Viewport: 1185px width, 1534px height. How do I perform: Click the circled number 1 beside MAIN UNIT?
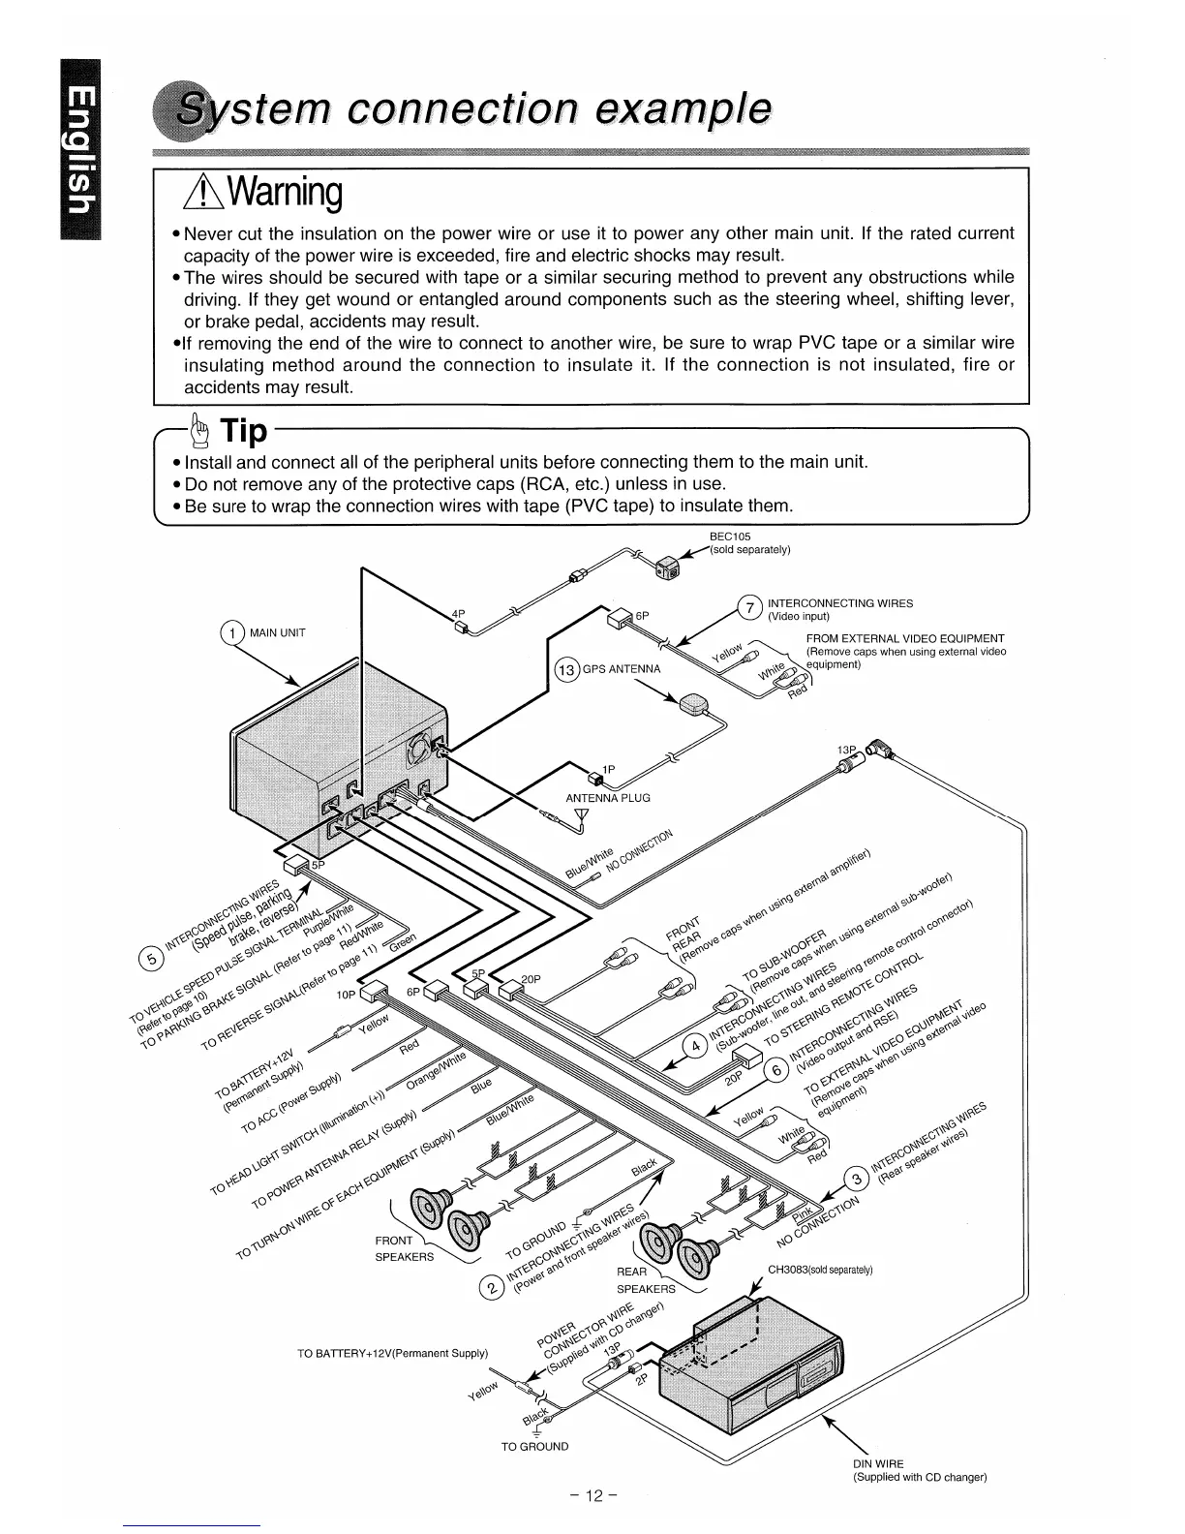(232, 633)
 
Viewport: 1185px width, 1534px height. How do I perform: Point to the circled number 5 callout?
(151, 960)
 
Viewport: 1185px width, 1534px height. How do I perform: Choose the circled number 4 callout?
(694, 1048)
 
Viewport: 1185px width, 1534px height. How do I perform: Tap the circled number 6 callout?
(775, 1070)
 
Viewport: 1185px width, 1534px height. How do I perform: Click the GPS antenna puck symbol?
(695, 705)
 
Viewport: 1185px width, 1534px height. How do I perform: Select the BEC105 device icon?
(668, 568)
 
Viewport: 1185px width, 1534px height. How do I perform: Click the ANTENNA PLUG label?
(607, 798)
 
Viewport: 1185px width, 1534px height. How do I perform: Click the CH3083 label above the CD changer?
(820, 1270)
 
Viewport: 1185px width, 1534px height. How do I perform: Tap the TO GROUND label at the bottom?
(534, 1446)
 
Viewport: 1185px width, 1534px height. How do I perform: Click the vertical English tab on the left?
(82, 150)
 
